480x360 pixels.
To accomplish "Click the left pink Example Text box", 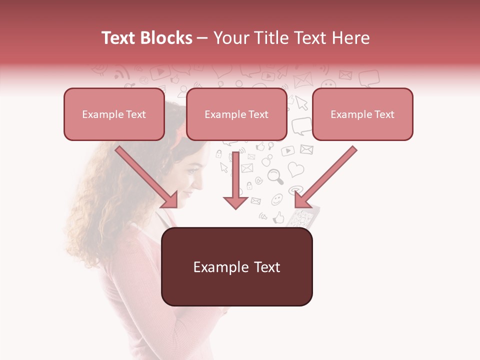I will pyautogui.click(x=114, y=114).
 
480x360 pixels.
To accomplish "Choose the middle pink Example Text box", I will pyautogui.click(x=236, y=114).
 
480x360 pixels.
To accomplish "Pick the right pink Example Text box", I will pyautogui.click(x=362, y=114).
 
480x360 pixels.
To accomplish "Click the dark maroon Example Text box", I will pyautogui.click(x=237, y=267).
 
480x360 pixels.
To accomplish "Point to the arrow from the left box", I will pyautogui.click(x=147, y=177).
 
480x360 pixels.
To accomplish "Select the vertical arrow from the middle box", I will pyautogui.click(x=235, y=180).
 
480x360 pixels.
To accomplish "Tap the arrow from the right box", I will pyautogui.click(x=325, y=177).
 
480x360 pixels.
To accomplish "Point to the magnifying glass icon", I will pyautogui.click(x=275, y=176).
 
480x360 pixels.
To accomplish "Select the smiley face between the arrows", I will pyautogui.click(x=277, y=199).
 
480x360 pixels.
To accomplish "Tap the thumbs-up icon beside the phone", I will pyautogui.click(x=278, y=217).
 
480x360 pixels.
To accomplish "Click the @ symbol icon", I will pyautogui.click(x=258, y=180).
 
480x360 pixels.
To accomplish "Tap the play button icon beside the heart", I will pyautogui.click(x=287, y=150).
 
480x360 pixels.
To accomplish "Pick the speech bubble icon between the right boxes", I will pyautogui.click(x=301, y=125).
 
